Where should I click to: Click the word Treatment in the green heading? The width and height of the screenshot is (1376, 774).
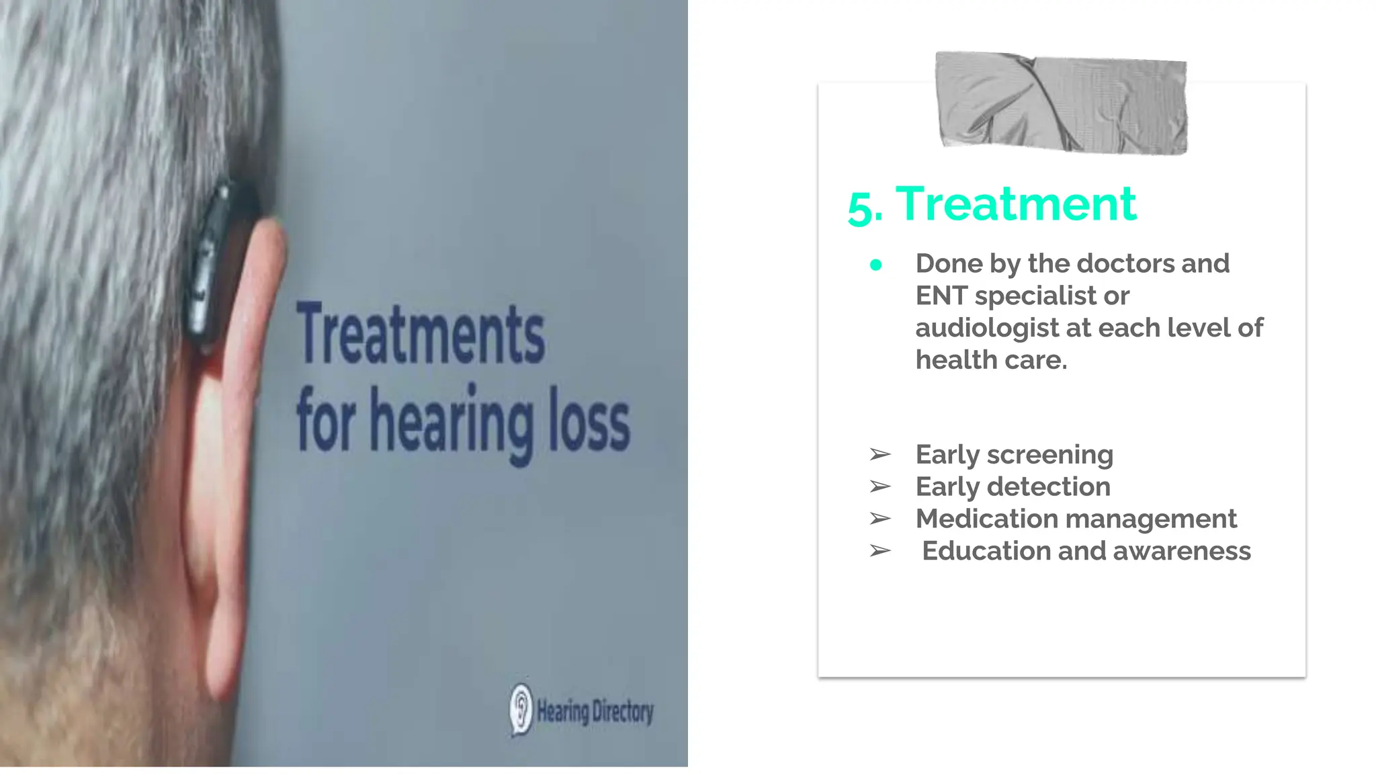click(1016, 204)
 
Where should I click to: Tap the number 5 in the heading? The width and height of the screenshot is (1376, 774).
click(861, 208)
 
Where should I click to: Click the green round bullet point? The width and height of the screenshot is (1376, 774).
click(875, 265)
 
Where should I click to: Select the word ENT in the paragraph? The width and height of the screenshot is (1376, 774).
click(940, 296)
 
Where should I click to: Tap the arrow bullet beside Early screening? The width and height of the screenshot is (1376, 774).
click(879, 455)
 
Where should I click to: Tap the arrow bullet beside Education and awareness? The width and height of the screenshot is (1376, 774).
click(879, 551)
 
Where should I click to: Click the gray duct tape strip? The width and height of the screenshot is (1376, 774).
click(1062, 103)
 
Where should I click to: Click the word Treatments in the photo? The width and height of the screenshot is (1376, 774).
click(421, 335)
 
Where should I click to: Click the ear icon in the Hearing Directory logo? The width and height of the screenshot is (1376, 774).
click(521, 709)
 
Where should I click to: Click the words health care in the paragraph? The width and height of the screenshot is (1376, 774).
click(991, 360)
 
